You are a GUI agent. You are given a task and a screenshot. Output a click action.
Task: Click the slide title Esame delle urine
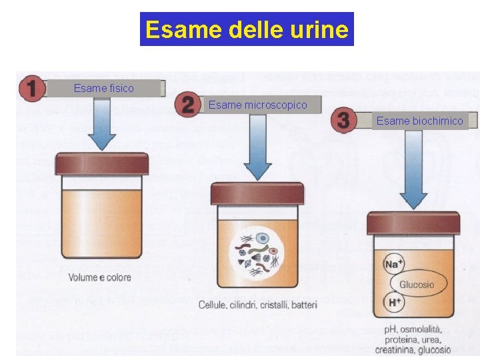(247, 29)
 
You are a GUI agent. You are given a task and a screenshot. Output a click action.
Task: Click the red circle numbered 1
(32, 89)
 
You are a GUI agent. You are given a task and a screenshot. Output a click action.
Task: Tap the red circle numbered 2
(189, 105)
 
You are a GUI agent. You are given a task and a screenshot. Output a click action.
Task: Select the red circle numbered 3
(343, 120)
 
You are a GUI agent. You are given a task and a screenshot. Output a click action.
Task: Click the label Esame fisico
(103, 88)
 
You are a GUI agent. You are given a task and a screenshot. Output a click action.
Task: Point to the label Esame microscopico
(258, 105)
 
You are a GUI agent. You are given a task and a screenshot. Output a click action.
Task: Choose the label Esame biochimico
(419, 121)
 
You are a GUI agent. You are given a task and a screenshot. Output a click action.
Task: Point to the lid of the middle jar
(257, 193)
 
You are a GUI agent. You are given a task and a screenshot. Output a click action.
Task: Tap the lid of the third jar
(413, 223)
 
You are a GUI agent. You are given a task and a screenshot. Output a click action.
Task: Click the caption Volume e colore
(99, 277)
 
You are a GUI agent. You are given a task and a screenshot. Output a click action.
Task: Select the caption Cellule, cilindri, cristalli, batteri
(258, 305)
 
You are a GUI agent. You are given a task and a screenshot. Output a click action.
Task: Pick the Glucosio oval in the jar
(417, 285)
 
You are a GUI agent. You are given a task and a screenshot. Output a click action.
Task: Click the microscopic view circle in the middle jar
(257, 254)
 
